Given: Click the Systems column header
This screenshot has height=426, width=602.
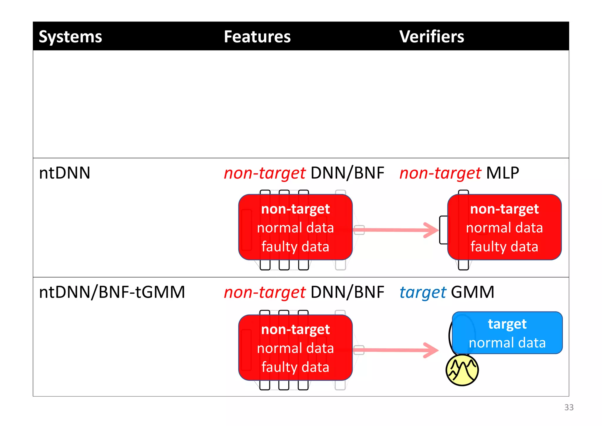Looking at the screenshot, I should [70, 37].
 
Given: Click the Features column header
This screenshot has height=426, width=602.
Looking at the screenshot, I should [257, 37].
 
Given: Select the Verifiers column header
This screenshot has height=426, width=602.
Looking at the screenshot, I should [432, 37].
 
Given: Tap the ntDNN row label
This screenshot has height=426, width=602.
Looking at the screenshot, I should [64, 173].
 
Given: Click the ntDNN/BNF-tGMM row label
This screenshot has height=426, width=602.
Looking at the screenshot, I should [112, 292].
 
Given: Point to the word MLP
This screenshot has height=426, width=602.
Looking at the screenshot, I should [503, 173].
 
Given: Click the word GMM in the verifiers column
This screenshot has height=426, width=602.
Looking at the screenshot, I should [473, 292].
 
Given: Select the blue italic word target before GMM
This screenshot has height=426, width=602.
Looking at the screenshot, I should [423, 293].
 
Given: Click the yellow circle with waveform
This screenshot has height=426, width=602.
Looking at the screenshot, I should [462, 370].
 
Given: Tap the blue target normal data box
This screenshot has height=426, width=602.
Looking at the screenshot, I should [507, 333].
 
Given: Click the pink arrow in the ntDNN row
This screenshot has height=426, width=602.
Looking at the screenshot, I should [397, 230].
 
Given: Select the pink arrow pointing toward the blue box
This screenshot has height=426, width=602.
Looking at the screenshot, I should [397, 350].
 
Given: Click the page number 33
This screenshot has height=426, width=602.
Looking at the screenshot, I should [569, 407].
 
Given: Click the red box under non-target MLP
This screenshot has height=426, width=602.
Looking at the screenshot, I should [504, 227].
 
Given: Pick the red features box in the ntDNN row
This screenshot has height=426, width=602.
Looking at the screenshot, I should [295, 227].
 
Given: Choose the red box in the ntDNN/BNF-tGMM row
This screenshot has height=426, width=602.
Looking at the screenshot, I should [295, 347].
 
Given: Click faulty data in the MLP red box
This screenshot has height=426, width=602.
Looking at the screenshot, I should [504, 247].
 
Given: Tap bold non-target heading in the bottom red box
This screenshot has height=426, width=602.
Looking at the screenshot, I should [295, 330].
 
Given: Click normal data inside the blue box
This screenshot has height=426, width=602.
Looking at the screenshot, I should [507, 343].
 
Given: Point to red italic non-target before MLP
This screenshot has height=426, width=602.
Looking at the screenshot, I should [440, 173].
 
